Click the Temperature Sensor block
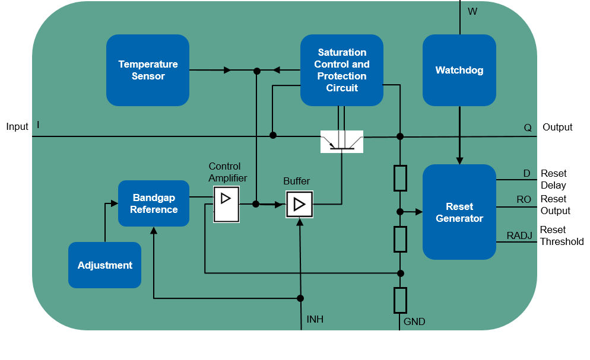[x=148, y=70]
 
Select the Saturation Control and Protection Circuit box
[x=341, y=70]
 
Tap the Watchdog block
[x=459, y=70]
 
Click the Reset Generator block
[x=459, y=212]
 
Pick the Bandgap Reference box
[x=154, y=203]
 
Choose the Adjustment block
[x=104, y=265]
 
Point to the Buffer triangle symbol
[x=299, y=204]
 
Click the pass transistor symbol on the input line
[x=341, y=141]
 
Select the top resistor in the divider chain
[x=400, y=179]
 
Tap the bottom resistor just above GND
[x=400, y=300]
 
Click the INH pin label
[x=315, y=320]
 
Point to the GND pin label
[x=414, y=321]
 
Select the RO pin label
[x=524, y=200]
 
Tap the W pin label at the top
[x=472, y=11]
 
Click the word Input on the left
[x=17, y=126]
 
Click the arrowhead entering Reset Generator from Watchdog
[x=459, y=160]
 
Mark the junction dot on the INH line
[x=300, y=298]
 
